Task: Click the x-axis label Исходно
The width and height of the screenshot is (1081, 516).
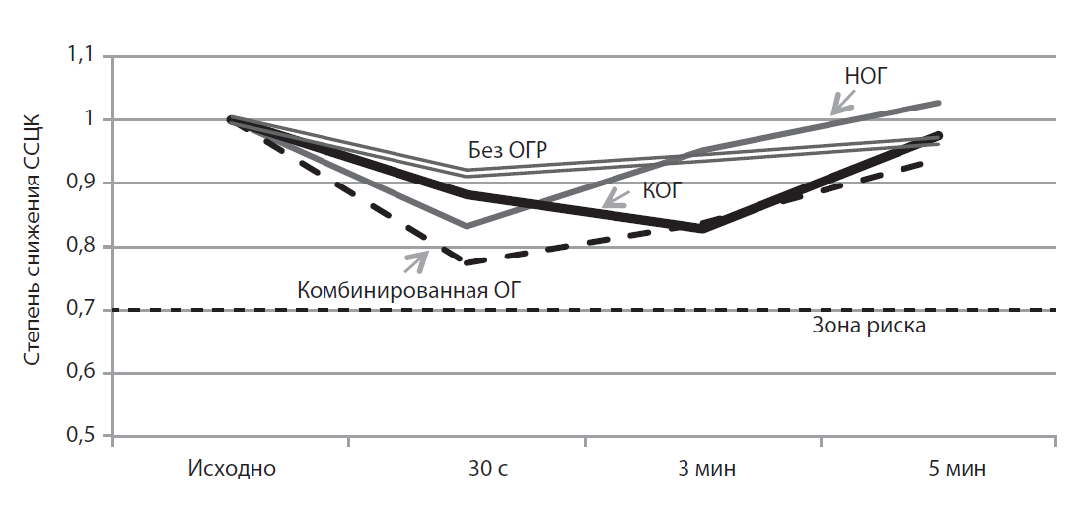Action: tap(232, 468)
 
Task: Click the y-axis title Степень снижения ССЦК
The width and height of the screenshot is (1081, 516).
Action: tap(33, 247)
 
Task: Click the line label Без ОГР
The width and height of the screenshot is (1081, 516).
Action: tap(507, 150)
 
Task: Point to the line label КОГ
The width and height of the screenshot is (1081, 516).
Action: tap(662, 191)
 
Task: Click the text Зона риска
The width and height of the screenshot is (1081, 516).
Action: tap(868, 327)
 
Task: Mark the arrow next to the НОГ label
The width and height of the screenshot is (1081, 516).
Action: tap(842, 102)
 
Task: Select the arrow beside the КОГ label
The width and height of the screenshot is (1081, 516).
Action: tap(615, 198)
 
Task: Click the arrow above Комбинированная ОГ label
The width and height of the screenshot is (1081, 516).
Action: tap(416, 259)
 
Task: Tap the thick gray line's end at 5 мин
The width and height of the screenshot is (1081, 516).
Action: tap(938, 103)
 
